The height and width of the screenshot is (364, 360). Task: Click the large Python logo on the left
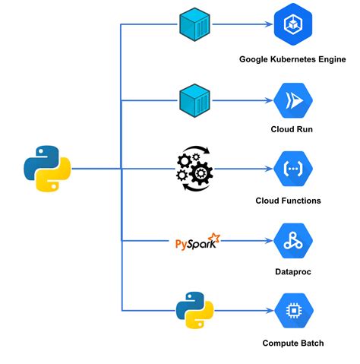tap(47, 168)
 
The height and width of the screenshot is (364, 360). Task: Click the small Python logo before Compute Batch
tap(194, 310)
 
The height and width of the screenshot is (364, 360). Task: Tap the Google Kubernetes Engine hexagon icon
tap(292, 24)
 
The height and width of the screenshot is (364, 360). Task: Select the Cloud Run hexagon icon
tap(292, 99)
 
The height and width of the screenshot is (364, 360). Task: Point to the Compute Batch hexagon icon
tap(292, 310)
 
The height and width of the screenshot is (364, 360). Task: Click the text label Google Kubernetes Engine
tap(292, 59)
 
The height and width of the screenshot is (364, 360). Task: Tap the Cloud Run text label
tap(292, 130)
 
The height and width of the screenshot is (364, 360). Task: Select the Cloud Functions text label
tap(292, 201)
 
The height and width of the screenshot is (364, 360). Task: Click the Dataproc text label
tap(292, 272)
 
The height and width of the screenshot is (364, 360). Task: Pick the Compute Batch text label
tap(292, 343)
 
